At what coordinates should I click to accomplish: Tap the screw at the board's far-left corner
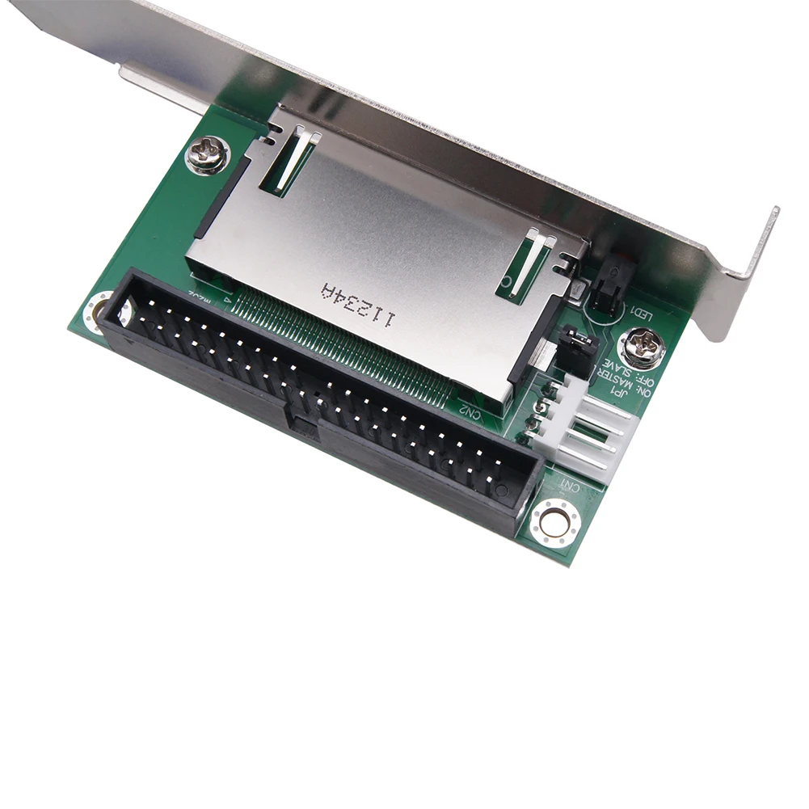207,154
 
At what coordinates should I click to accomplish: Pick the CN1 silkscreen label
570,484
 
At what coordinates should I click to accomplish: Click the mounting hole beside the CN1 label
555,521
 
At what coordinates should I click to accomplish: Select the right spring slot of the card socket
529,262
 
